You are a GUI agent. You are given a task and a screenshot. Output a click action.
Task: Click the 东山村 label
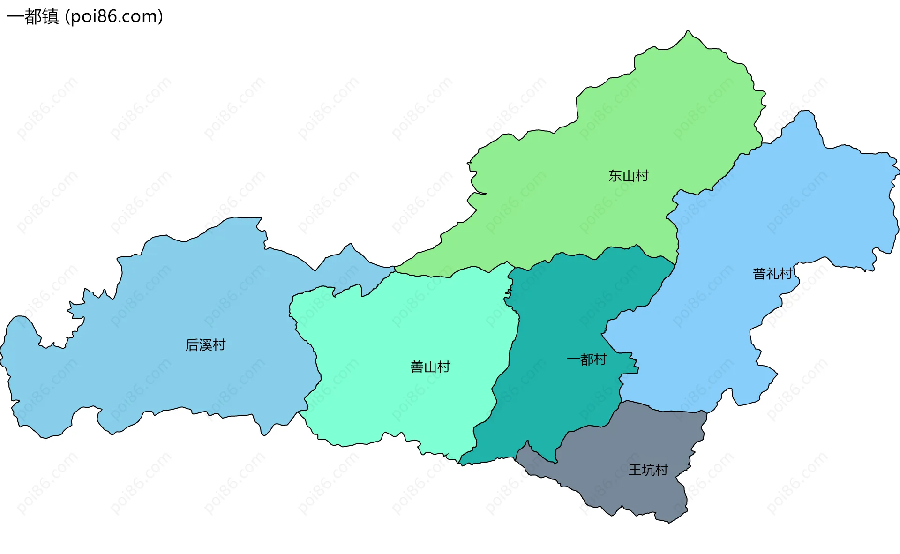point(628,176)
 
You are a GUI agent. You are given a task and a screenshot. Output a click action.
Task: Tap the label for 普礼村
point(772,273)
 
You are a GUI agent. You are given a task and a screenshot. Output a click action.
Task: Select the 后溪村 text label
point(205,345)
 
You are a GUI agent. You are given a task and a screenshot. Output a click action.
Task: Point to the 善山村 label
point(430,367)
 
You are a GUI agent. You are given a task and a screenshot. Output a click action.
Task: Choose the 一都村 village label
point(586,359)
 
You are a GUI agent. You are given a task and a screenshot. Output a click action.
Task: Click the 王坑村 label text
point(648,470)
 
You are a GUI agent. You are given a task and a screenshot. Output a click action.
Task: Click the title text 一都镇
point(33,17)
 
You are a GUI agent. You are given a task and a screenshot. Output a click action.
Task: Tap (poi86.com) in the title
point(114,17)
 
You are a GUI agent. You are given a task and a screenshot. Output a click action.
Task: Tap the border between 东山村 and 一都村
point(595,258)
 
